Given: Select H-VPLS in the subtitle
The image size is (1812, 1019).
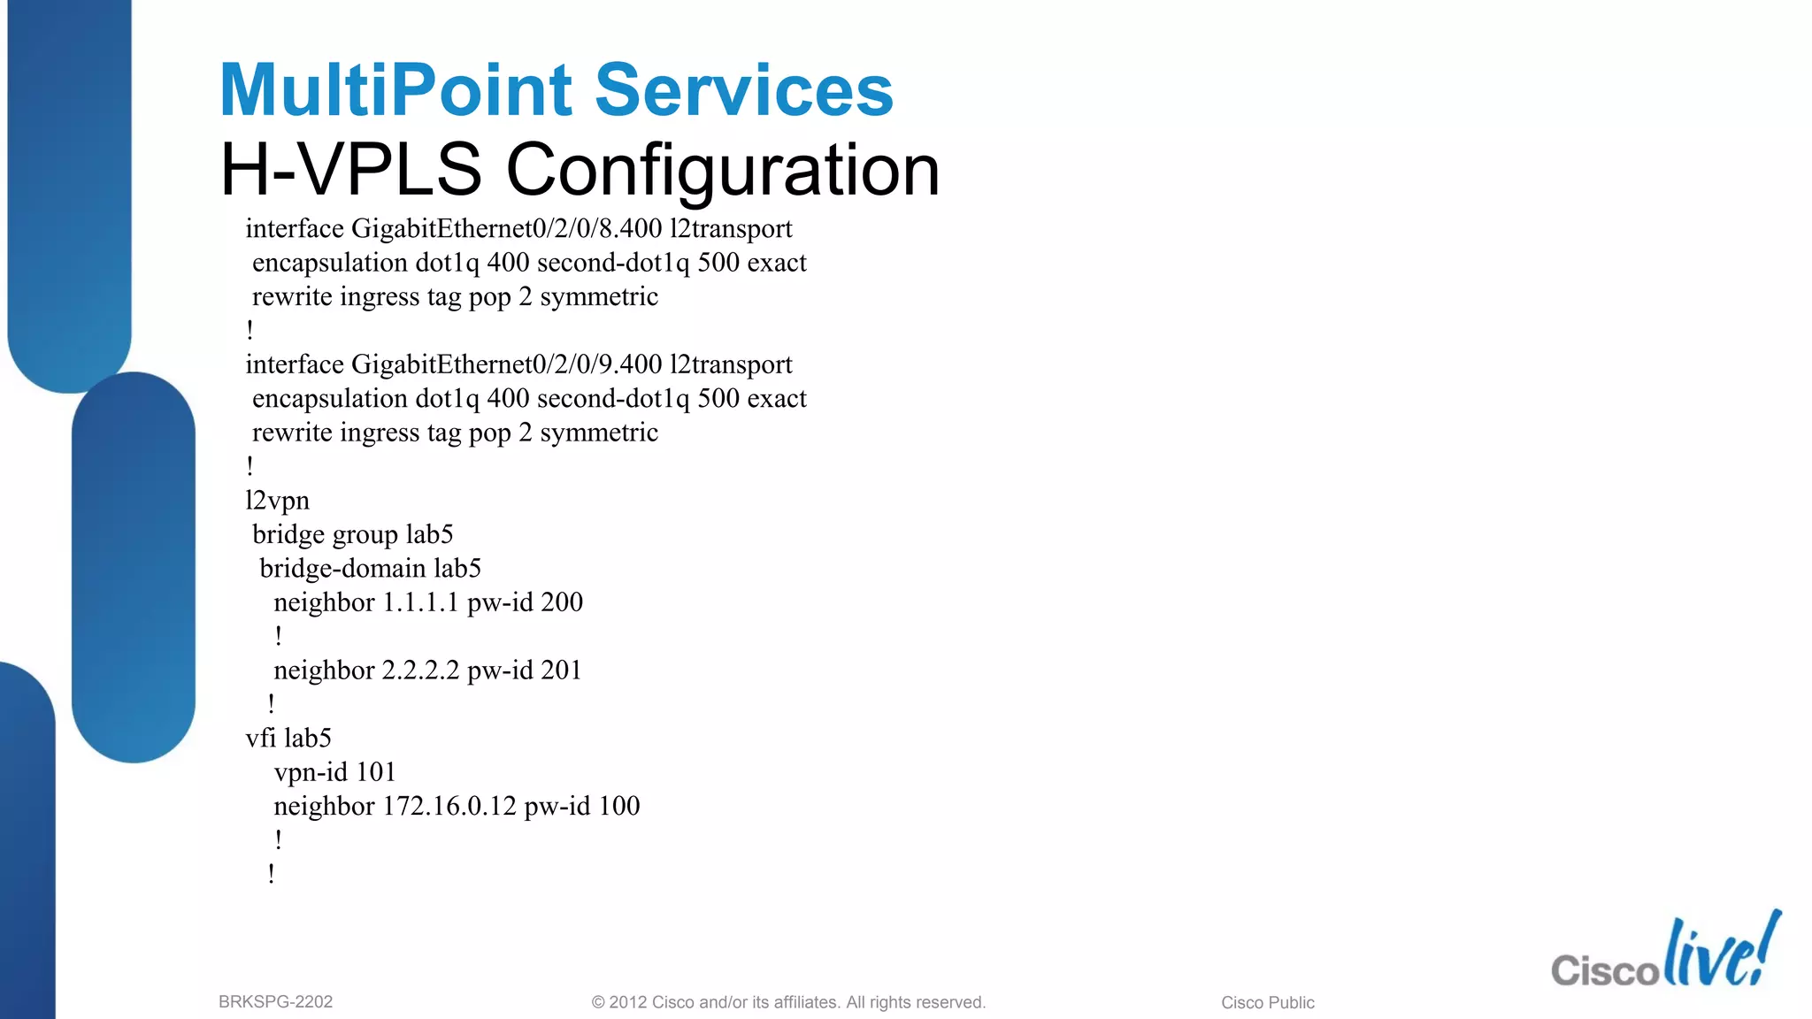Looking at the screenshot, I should pyautogui.click(x=350, y=169).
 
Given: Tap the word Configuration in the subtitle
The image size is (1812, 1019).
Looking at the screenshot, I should pyautogui.click(x=722, y=169).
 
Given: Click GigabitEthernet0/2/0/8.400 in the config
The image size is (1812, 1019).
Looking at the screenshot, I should pyautogui.click(x=506, y=229).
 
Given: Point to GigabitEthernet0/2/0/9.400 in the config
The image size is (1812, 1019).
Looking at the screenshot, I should pyautogui.click(x=506, y=364).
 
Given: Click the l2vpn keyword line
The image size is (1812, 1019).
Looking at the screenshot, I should pyautogui.click(x=277, y=501).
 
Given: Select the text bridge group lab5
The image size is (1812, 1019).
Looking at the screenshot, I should pyautogui.click(x=352, y=534).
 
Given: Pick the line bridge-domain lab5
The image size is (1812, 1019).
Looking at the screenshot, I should pyautogui.click(x=370, y=568).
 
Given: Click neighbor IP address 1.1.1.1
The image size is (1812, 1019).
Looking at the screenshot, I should pyautogui.click(x=420, y=602).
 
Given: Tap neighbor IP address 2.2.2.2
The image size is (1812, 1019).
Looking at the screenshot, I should pyautogui.click(x=420, y=670).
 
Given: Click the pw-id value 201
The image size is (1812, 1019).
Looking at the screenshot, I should pyautogui.click(x=561, y=670).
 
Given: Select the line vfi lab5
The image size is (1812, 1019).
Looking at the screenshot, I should pyautogui.click(x=288, y=738).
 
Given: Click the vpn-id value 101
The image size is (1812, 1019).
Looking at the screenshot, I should pyautogui.click(x=375, y=772).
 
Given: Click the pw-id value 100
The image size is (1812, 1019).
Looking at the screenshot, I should pyautogui.click(x=618, y=806).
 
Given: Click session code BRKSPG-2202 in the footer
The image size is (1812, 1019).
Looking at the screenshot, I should pyautogui.click(x=275, y=1002).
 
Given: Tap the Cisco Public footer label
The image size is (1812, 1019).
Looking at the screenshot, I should pyautogui.click(x=1267, y=1002).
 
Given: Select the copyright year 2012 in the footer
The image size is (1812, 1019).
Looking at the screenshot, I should pyautogui.click(x=627, y=1002).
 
